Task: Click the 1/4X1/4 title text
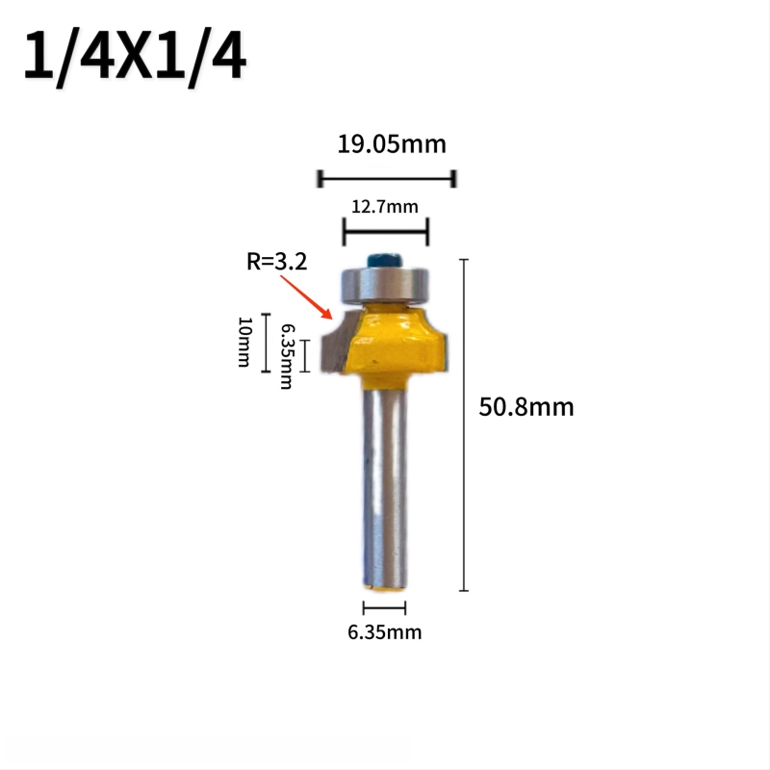point(135,56)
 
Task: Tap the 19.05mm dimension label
point(392,144)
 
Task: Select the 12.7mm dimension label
point(385,207)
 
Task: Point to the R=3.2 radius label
point(277,261)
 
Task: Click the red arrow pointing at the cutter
point(306,297)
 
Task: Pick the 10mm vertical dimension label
point(244,342)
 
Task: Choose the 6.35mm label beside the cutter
point(287,356)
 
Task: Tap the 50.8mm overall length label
point(526,407)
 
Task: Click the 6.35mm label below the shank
point(384,632)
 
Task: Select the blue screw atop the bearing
point(384,260)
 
